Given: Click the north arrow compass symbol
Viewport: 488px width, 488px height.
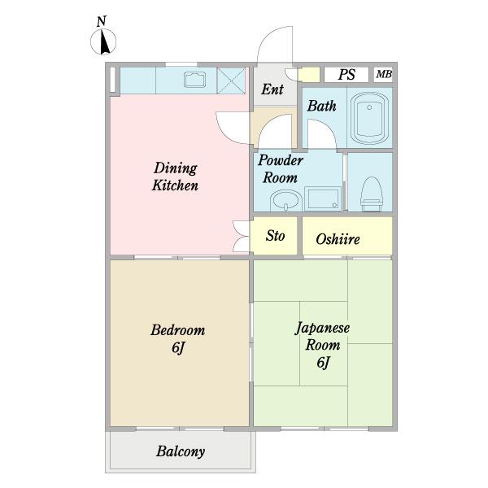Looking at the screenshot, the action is pos(103,41).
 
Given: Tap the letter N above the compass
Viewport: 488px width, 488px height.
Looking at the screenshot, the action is pos(102,21).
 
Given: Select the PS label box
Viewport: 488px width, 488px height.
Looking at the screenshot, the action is pos(346,75).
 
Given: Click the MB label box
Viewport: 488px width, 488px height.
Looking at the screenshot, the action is pos(383,75).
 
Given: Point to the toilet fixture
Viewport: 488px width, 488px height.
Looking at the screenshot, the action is pos(371,194).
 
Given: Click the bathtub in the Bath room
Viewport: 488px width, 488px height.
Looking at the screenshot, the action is pos(369,118).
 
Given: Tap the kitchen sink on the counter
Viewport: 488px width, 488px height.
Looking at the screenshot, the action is pos(194,80).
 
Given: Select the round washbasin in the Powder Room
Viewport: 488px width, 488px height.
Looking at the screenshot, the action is pos(286,201).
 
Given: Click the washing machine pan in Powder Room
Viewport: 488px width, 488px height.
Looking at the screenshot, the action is pos(322,198).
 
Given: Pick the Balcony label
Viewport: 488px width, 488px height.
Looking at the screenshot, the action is pos(181,451).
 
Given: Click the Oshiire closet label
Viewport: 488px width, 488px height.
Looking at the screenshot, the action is pos(338,239).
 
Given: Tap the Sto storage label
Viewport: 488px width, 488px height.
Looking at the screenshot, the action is pos(275,236).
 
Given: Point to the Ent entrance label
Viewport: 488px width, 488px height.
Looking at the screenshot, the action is pos(272,89).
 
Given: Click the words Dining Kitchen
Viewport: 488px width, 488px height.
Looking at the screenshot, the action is pos(175,176).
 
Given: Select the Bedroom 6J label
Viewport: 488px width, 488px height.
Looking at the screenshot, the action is pos(177,338).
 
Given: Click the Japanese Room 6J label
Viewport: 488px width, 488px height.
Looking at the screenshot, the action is pos(322,345).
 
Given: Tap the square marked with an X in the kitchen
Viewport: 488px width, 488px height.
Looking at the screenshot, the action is pos(231,81).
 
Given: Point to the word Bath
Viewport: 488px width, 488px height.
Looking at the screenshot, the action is pos(322,106).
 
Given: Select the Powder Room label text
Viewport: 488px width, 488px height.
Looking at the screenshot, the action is pos(280,169).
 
